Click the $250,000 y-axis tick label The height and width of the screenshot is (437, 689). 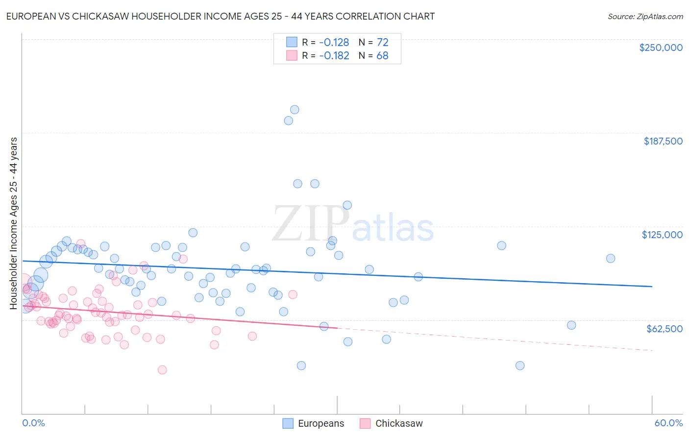[x=661, y=48]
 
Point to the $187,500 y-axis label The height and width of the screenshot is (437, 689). [x=663, y=141]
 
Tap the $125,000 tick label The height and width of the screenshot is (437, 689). [x=662, y=235]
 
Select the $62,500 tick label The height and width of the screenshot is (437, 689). [x=664, y=329]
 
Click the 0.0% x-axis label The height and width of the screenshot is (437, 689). [x=33, y=423]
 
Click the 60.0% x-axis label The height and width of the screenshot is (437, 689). [x=668, y=423]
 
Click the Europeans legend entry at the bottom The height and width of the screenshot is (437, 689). [x=314, y=423]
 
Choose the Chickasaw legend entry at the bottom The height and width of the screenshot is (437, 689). [x=391, y=423]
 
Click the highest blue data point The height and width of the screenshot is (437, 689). [x=295, y=110]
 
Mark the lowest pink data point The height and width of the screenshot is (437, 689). [x=162, y=370]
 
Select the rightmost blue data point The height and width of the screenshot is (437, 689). [x=611, y=258]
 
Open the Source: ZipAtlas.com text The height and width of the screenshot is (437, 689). [x=645, y=16]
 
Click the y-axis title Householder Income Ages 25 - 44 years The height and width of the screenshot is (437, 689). [x=13, y=223]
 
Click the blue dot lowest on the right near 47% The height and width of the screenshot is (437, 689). [x=520, y=365]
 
